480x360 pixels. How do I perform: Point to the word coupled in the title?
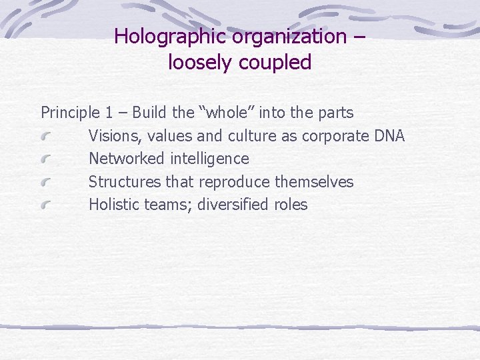277,62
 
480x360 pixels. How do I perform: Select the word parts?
335,113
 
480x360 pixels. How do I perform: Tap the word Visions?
114,136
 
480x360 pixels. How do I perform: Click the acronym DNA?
389,136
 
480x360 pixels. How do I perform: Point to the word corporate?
335,136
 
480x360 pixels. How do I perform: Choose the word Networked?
126,159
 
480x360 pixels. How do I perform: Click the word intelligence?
209,159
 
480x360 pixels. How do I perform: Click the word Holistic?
114,205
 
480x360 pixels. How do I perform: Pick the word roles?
291,205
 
